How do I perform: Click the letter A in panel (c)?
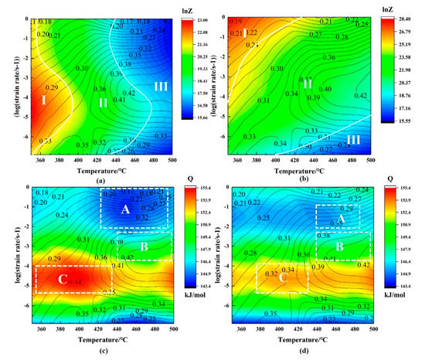tap(125, 209)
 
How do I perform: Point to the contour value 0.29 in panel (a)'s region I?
tap(52, 88)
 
